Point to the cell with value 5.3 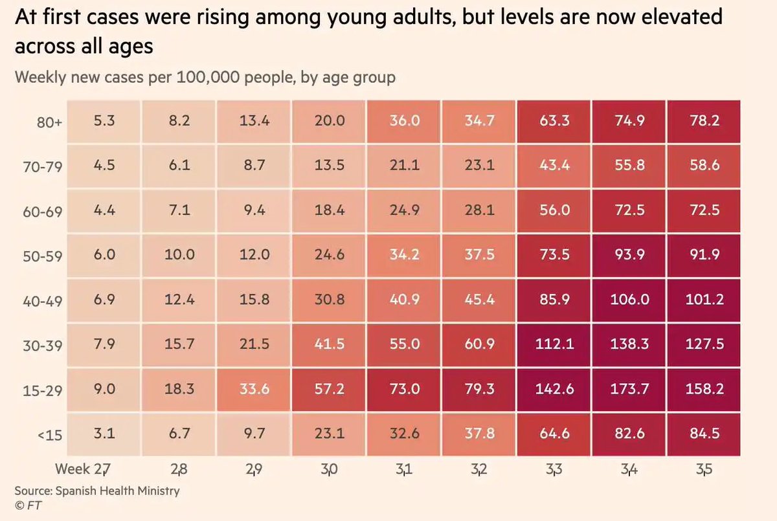tap(104, 120)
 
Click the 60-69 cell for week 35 tap(703, 210)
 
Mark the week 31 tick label tap(405, 469)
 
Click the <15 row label tap(50, 435)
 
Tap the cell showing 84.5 tap(703, 434)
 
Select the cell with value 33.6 tap(254, 389)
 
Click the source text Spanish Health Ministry tap(97, 490)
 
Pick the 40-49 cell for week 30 tap(330, 300)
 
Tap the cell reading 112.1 tap(554, 344)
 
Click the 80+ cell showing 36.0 tap(405, 120)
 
